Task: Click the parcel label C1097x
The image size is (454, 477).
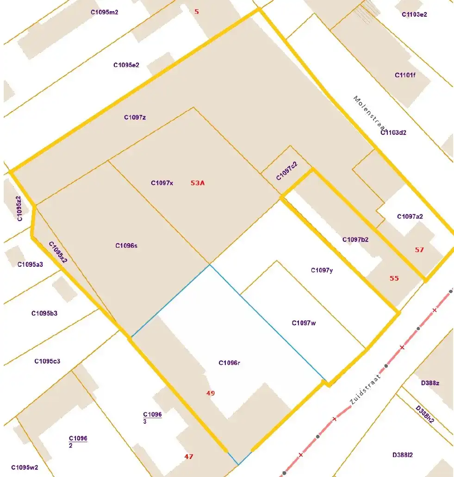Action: (162, 183)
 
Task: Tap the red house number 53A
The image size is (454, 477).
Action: (198, 183)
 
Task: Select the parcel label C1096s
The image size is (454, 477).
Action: (126, 245)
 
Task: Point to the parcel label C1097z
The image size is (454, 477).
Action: (135, 117)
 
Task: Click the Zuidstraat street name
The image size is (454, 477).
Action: (365, 390)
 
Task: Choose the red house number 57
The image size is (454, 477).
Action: (419, 250)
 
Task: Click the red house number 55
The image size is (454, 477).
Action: (394, 278)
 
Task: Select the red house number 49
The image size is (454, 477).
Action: (211, 393)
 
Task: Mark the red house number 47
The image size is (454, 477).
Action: (188, 457)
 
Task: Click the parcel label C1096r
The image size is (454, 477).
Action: (230, 363)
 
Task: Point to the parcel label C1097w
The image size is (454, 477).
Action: (304, 323)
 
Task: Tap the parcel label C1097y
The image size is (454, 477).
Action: (322, 270)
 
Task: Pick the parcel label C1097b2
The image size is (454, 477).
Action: (355, 239)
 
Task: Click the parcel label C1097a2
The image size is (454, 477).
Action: (410, 216)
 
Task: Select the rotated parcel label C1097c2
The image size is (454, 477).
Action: (286, 171)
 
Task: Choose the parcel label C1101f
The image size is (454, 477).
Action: (405, 75)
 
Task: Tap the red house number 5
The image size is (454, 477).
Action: (197, 11)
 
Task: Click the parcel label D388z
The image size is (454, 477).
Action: (430, 383)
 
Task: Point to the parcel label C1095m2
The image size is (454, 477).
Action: (105, 12)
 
